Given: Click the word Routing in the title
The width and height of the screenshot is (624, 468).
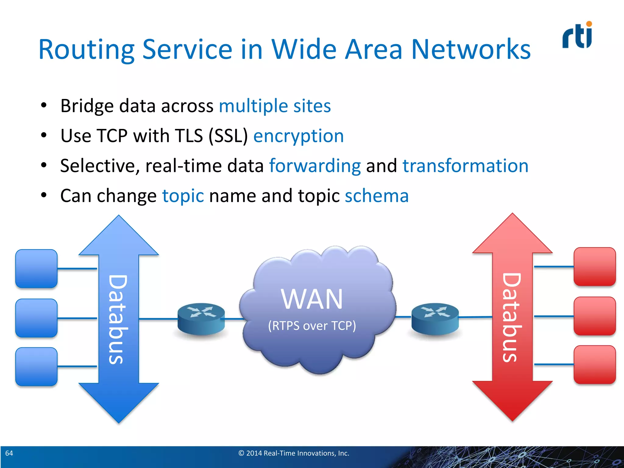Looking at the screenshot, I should coord(86,50).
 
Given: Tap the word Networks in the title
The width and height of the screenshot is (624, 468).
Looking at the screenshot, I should coord(471,49).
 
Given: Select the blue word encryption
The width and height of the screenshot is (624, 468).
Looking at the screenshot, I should coord(298,136).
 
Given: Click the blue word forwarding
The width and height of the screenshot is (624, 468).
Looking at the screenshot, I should coord(315,166).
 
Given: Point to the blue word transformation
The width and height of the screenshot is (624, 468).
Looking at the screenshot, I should coord(465,166).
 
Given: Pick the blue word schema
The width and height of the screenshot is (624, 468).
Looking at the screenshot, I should coord(377,196).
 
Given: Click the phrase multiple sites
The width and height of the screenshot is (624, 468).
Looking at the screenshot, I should coord(275,106).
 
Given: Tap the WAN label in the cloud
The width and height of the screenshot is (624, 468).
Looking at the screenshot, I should coord(312,299).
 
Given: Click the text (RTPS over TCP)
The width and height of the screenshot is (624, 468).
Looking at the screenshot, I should coord(312,326).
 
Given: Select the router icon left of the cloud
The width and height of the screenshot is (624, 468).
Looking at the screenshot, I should coord(201,319).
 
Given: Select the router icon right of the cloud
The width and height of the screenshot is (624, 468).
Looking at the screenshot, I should coord(435,319).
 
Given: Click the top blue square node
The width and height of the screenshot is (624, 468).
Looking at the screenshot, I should coord(36,269).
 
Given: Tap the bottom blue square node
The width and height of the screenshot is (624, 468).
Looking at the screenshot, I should coord(36,367).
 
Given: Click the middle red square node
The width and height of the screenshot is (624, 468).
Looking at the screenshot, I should coord(594,316).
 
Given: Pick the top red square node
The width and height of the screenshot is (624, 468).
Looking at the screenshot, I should coord(594,267).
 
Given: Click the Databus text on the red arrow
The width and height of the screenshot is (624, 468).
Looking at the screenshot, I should coord(512,317).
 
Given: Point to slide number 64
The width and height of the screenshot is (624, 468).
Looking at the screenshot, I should coord(9,453).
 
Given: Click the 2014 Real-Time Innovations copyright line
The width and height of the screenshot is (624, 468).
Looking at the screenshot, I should coord(294,453).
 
